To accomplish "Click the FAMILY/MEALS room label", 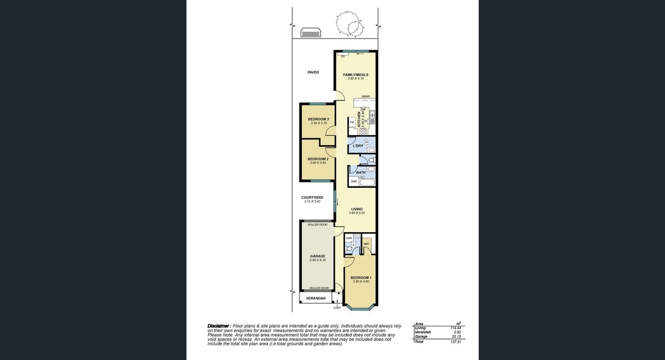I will click(355, 75).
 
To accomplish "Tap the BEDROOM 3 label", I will click(318, 119).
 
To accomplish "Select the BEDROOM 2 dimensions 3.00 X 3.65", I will click(318, 163).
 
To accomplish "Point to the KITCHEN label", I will click(359, 119).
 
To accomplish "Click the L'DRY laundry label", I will click(358, 146).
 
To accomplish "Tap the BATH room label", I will click(360, 172).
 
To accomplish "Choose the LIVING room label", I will click(356, 209).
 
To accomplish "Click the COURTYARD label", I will click(312, 197).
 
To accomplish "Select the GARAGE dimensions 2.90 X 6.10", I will click(318, 260).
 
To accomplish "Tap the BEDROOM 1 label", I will click(360, 278).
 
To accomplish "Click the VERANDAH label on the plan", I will click(315, 298).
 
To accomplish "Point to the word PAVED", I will click(313, 72).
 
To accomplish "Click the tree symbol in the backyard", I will click(348, 24).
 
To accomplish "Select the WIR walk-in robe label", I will click(366, 244).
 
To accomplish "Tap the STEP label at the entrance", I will click(337, 308).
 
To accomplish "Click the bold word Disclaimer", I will click(219, 326).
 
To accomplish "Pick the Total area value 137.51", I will click(455, 342).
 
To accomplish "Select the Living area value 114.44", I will click(455, 328).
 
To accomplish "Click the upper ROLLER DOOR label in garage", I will click(317, 225).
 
